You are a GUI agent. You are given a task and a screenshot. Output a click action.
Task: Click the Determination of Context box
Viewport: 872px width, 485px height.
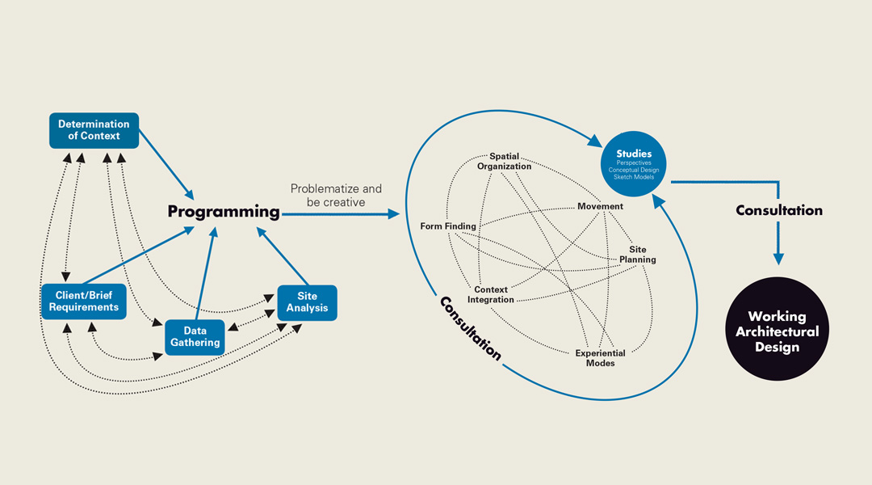pyautogui.click(x=94, y=130)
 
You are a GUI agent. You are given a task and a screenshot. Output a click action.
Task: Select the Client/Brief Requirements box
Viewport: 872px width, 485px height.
pyautogui.click(x=83, y=302)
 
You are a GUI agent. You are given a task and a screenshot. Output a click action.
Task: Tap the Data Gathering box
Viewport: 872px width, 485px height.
pyautogui.click(x=195, y=336)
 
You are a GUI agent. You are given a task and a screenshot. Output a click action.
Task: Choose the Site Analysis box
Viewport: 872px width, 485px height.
pyautogui.click(x=307, y=302)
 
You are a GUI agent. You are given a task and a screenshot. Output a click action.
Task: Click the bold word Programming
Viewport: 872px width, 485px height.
pyautogui.click(x=224, y=212)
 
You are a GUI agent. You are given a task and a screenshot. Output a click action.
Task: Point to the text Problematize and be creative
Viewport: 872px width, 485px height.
pyautogui.click(x=336, y=195)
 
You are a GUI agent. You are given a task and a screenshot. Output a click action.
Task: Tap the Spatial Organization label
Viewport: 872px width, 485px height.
pyautogui.click(x=504, y=161)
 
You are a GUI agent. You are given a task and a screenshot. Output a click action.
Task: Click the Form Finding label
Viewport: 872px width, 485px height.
pyautogui.click(x=448, y=226)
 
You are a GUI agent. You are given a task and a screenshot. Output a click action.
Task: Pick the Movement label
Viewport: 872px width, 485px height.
pyautogui.click(x=600, y=206)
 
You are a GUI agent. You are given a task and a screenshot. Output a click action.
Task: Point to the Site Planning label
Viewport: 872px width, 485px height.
pyautogui.click(x=643, y=255)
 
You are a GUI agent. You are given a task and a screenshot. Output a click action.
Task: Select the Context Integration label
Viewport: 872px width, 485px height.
pyautogui.click(x=491, y=294)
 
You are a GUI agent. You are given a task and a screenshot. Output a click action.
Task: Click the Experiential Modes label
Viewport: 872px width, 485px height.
pyautogui.click(x=600, y=358)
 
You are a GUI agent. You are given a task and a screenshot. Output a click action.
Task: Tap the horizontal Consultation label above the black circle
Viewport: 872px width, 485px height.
pyautogui.click(x=778, y=210)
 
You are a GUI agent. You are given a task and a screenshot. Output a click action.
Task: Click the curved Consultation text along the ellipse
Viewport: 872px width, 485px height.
pyautogui.click(x=470, y=328)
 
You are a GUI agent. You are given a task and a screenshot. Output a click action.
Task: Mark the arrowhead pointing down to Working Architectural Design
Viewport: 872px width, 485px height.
pyautogui.click(x=778, y=259)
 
